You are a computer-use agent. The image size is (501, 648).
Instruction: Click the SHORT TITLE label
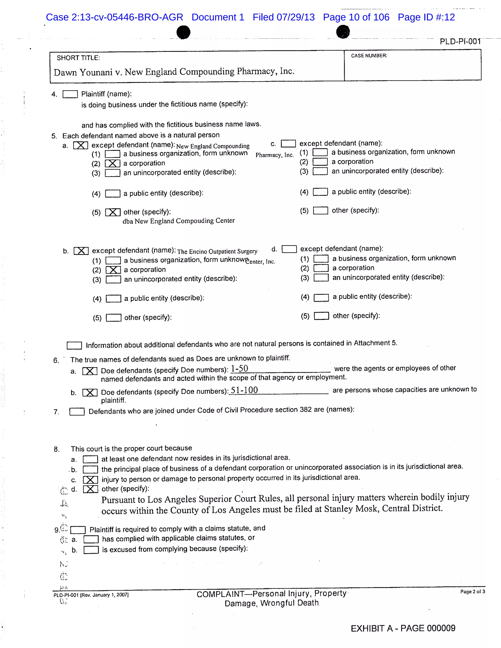78,58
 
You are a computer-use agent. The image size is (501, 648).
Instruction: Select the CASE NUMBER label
369,56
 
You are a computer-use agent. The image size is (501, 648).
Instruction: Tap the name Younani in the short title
96,72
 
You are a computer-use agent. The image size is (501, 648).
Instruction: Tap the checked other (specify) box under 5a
113,212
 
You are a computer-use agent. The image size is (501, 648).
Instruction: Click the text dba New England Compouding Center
178,221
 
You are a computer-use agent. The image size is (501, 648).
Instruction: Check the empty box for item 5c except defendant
288,144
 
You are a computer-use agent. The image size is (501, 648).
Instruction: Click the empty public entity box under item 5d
321,298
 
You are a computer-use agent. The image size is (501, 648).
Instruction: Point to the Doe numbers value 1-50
239,369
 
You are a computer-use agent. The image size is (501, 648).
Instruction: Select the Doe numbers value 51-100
244,390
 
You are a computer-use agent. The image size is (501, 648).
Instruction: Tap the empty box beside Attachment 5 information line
74,345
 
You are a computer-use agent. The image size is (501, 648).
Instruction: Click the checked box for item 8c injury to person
90,480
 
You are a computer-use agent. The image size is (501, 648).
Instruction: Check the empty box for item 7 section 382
77,412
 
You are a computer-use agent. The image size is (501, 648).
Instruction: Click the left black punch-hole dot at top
183,32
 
